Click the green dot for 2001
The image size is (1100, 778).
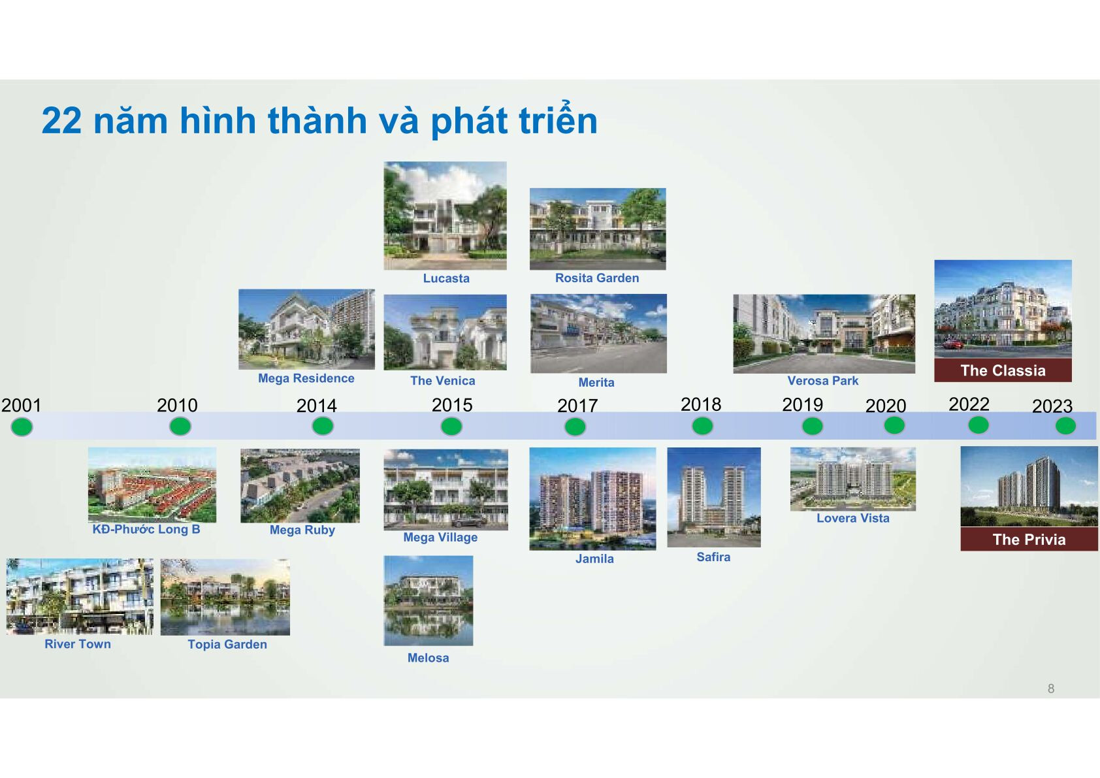pos(22,427)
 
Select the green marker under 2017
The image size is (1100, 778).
pos(575,427)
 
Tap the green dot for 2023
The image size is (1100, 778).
pos(1065,426)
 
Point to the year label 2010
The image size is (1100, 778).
pos(177,405)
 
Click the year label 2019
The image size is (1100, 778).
pos(802,405)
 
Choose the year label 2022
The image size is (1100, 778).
pos(969,404)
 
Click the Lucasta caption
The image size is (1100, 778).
pos(446,278)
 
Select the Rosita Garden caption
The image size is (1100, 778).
pos(597,278)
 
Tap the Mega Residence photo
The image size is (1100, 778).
pos(306,329)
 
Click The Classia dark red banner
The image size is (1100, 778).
pos(1003,370)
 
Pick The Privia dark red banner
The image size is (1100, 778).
pos(1029,539)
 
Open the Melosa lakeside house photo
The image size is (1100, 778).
pos(429,601)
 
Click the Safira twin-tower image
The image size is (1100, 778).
pos(713,497)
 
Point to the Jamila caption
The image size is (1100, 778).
pos(594,559)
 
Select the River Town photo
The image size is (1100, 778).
pos(80,596)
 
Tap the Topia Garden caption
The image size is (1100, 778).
pos(227,644)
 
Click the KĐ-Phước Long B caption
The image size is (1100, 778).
pos(146,530)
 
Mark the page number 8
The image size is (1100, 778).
pos(1051,689)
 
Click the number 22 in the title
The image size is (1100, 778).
pos(61,120)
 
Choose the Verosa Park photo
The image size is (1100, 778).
pos(824,334)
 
